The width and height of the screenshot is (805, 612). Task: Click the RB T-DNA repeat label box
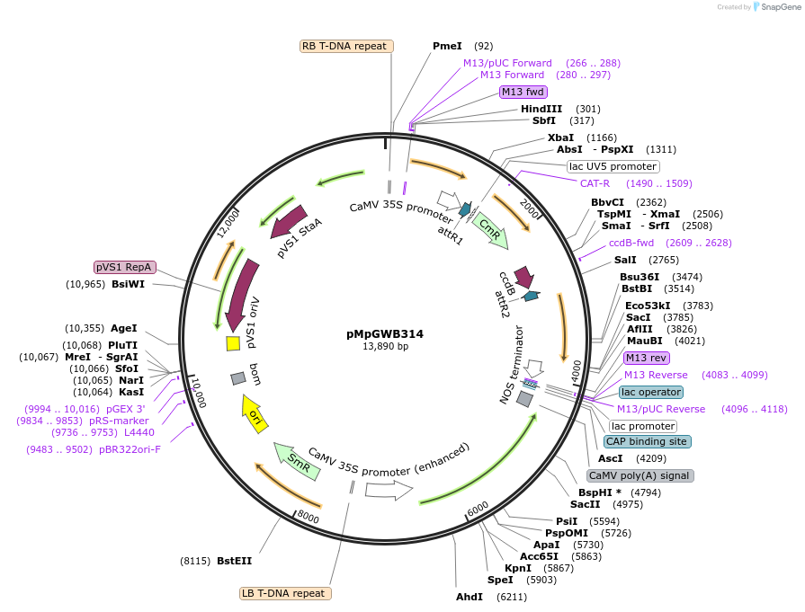click(x=344, y=46)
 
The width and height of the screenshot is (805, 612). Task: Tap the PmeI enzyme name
click(x=447, y=46)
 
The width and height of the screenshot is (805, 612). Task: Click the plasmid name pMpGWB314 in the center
click(x=385, y=333)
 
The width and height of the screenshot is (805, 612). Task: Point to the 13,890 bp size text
click(x=385, y=346)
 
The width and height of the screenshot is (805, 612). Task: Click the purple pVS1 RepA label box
click(x=125, y=267)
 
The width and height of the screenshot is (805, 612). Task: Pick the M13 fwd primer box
click(x=523, y=92)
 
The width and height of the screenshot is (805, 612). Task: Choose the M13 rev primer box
click(x=646, y=358)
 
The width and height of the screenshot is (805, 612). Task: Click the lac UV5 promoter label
click(x=613, y=166)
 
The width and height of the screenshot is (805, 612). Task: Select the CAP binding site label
click(x=647, y=441)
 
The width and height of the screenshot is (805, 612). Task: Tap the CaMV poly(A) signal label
click(x=640, y=475)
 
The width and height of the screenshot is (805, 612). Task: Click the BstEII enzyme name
click(x=234, y=561)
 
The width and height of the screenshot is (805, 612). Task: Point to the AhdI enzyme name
click(x=470, y=597)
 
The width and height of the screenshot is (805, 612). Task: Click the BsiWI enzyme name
click(x=128, y=284)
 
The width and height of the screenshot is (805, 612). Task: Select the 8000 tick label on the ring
click(x=309, y=517)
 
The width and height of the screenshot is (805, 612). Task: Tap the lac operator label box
click(x=650, y=392)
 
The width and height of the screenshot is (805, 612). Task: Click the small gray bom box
click(x=238, y=378)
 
